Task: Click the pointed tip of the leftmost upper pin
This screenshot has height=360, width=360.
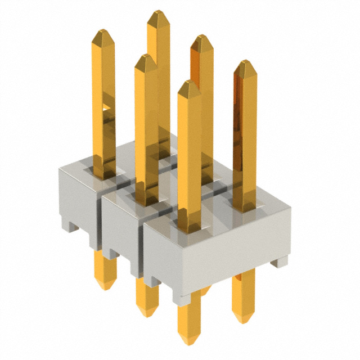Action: (103, 31)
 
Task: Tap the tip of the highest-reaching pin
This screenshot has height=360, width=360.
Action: (159, 12)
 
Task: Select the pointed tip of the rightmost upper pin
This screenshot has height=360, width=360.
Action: (245, 62)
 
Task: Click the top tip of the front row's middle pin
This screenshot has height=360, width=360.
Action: (146, 56)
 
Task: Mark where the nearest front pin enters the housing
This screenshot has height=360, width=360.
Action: (190, 228)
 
